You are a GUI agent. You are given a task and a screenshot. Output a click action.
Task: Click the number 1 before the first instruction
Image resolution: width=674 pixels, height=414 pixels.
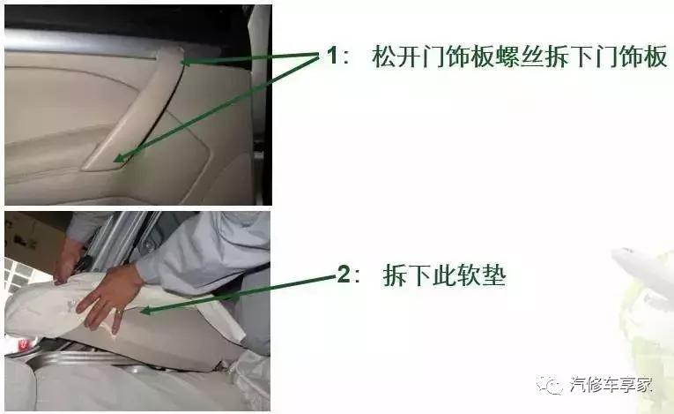coord(332,56)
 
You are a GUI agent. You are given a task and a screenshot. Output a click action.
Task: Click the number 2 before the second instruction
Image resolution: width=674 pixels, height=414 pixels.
coord(344,275)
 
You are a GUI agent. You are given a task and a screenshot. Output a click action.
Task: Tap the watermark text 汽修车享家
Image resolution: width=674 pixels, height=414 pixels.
coord(611,384)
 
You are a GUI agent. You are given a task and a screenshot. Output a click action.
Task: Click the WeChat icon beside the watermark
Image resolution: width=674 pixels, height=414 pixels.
coord(553,385)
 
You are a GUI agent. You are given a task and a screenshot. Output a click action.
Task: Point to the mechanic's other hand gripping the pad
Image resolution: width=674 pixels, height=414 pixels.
coord(67,260)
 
